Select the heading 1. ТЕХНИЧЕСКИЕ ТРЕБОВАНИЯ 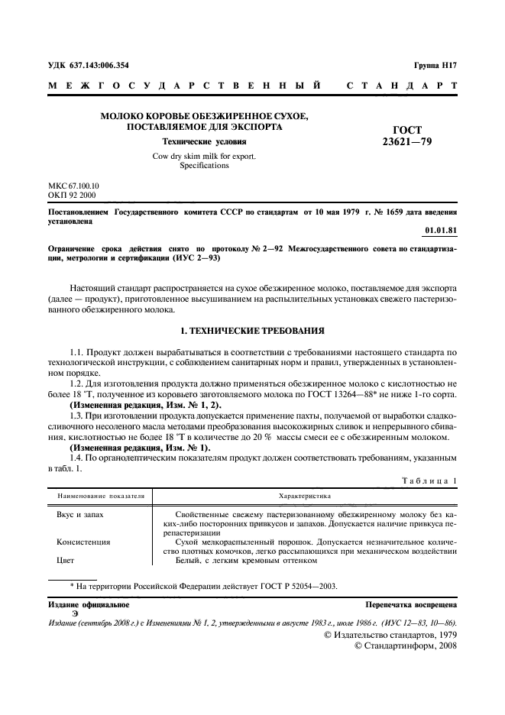point(252,332)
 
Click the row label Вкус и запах point(80,515)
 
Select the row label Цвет point(68,560)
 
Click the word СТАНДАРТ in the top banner point(402,86)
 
